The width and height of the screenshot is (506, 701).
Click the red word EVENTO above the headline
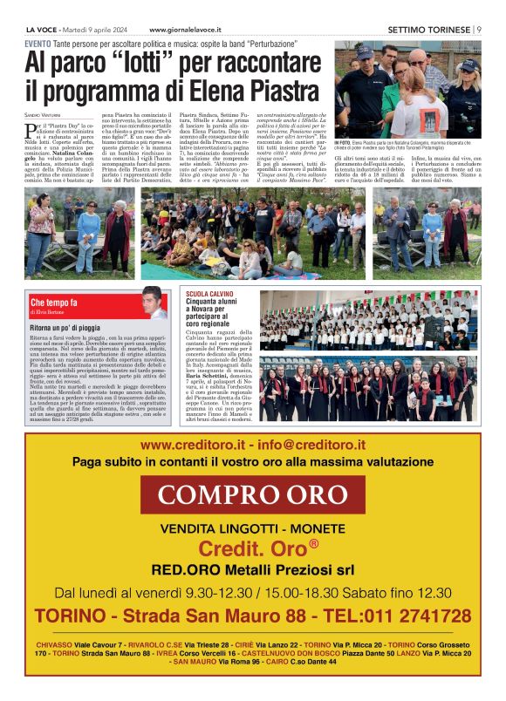pyautogui.click(x=38, y=43)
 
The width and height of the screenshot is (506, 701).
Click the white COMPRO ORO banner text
pyautogui.click(x=252, y=494)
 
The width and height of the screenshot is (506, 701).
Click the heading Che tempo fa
pyautogui.click(x=54, y=303)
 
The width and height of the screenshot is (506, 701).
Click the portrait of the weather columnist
pyautogui.click(x=154, y=303)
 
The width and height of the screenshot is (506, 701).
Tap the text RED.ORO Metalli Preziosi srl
pyautogui.click(x=252, y=570)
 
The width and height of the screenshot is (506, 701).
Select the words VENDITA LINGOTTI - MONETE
pyautogui.click(x=252, y=529)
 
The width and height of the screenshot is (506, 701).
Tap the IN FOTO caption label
pyautogui.click(x=344, y=141)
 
